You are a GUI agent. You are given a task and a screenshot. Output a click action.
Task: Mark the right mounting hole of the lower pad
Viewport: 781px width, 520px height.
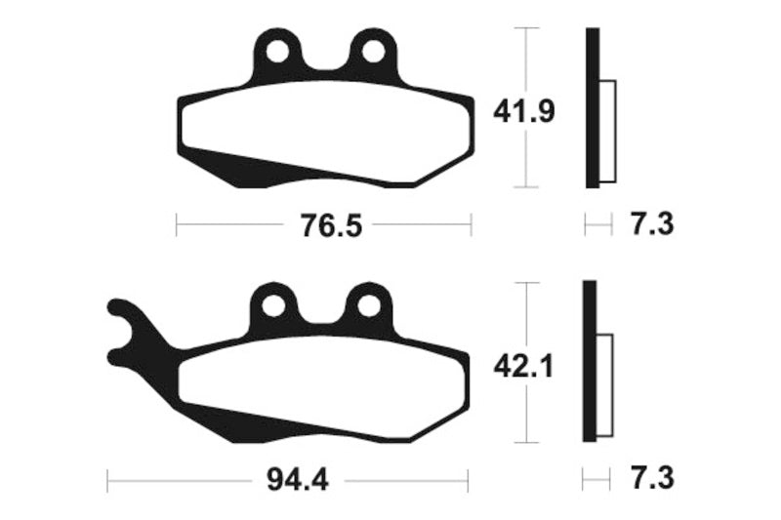click(x=369, y=306)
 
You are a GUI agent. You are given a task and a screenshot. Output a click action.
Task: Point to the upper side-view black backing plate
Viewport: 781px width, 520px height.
click(x=591, y=107)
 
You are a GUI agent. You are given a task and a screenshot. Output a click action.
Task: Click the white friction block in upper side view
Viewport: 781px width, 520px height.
click(x=606, y=131)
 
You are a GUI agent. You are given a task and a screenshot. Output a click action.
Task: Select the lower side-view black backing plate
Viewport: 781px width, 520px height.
click(x=590, y=361)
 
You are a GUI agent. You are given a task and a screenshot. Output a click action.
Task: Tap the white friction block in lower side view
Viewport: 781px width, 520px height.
click(x=604, y=385)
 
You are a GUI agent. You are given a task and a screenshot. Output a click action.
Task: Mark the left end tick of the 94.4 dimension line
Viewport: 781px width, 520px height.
click(x=107, y=481)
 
